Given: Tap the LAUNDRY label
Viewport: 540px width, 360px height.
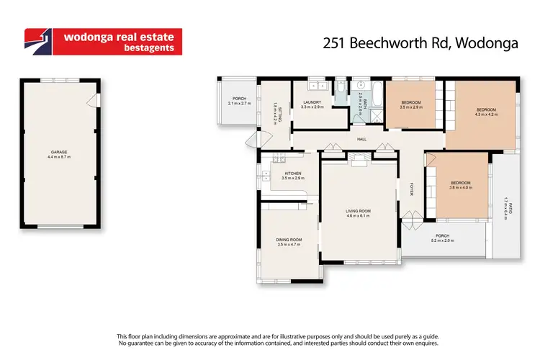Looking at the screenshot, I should tap(312, 102).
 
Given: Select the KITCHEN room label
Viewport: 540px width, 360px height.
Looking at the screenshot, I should tap(292, 174).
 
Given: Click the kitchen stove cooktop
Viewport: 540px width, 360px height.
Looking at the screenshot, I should tap(279, 160).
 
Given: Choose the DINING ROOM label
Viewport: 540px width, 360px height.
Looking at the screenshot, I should tap(288, 240).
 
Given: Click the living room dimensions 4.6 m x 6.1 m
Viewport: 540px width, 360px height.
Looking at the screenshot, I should tap(358, 215).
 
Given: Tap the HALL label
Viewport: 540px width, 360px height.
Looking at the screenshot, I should tap(362, 139).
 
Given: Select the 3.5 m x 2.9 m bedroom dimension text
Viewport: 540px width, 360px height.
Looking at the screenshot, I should tap(411, 107).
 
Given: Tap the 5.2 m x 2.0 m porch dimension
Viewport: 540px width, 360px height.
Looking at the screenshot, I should tap(442, 240).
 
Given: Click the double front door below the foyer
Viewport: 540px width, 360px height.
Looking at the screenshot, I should tap(411, 215).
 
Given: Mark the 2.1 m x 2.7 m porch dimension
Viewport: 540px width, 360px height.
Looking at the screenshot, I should tap(238, 103).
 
